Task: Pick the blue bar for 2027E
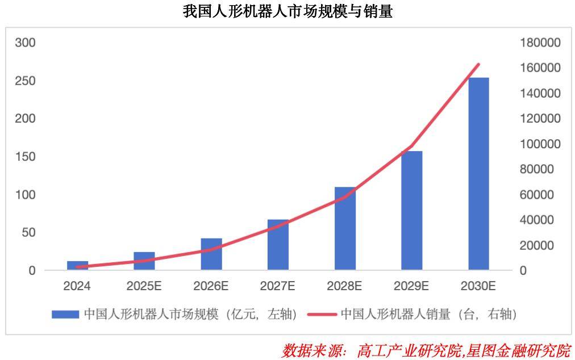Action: click(278, 245)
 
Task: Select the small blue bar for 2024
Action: click(78, 265)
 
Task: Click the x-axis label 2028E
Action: click(345, 286)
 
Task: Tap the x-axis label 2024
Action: click(77, 286)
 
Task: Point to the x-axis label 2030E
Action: click(478, 286)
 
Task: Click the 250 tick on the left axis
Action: click(24, 81)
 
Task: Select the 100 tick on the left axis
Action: click(24, 195)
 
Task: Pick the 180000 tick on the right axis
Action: click(539, 43)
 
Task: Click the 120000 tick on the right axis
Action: click(539, 119)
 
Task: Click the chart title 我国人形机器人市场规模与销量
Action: click(287, 11)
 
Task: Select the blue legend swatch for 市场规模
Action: click(65, 314)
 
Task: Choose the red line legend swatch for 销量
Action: click(322, 314)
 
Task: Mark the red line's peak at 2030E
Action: click(478, 65)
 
